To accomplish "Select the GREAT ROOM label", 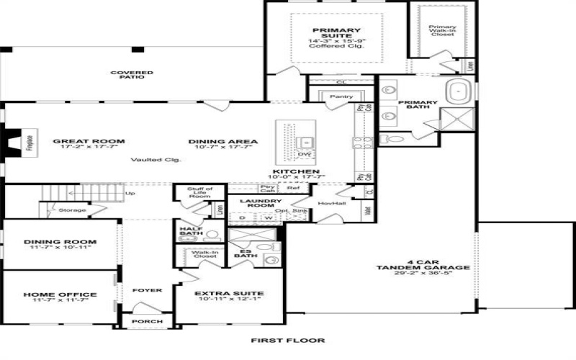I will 89,141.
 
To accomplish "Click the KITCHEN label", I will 296,171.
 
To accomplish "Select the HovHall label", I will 328,203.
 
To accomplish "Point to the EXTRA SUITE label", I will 229,293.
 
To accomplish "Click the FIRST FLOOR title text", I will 287,340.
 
